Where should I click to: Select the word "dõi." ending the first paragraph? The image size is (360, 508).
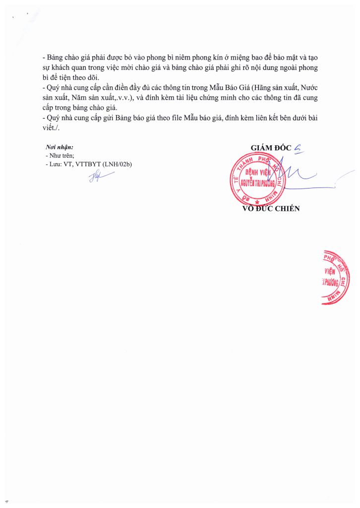[92, 78]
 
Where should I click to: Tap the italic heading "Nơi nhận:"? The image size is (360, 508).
[59, 148]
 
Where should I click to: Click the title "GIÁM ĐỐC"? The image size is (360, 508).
[271, 147]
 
